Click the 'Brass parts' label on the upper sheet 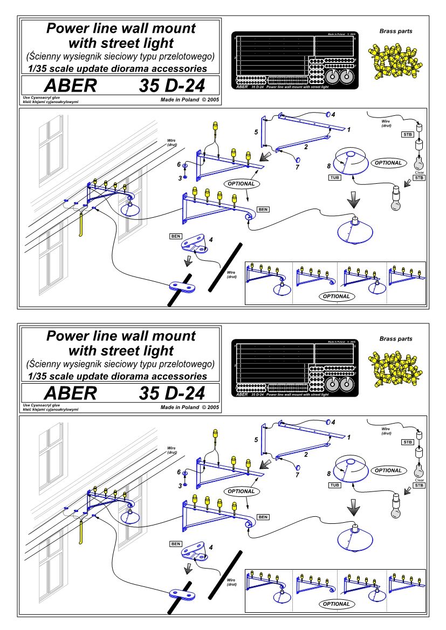(395, 31)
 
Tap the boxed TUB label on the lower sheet (335, 484)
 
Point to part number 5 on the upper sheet (257, 131)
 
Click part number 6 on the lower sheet (179, 472)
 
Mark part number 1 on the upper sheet (348, 129)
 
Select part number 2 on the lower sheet (306, 454)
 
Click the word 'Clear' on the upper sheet (419, 172)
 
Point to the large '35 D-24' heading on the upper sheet (170, 86)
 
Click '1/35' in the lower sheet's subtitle (39, 376)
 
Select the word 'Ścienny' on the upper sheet (47, 57)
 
